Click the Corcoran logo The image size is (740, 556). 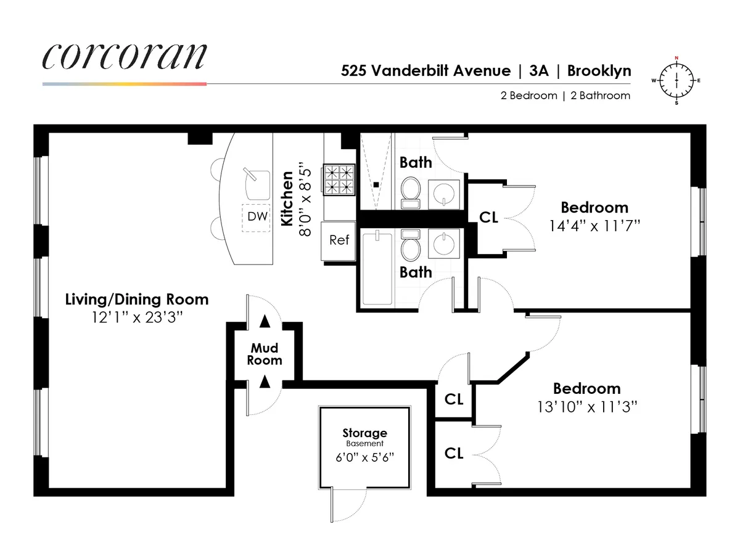(x=124, y=57)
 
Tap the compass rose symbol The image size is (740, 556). (x=677, y=81)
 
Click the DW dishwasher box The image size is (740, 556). (x=256, y=217)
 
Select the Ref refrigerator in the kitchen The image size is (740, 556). (x=339, y=240)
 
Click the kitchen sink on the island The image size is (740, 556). (x=257, y=182)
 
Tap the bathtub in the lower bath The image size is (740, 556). (x=376, y=268)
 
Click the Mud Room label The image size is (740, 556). (x=265, y=355)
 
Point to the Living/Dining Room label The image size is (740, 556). (x=137, y=300)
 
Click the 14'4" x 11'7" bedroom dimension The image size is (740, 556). (x=594, y=226)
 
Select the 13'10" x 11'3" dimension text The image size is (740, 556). (x=586, y=407)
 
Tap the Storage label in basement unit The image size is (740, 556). (x=365, y=433)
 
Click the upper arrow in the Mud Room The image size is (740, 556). (x=265, y=321)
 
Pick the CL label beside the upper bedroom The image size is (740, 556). (x=488, y=218)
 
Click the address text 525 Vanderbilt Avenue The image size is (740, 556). (x=425, y=71)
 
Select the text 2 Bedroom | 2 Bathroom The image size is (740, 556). (x=565, y=96)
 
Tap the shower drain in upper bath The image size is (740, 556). (x=376, y=184)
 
